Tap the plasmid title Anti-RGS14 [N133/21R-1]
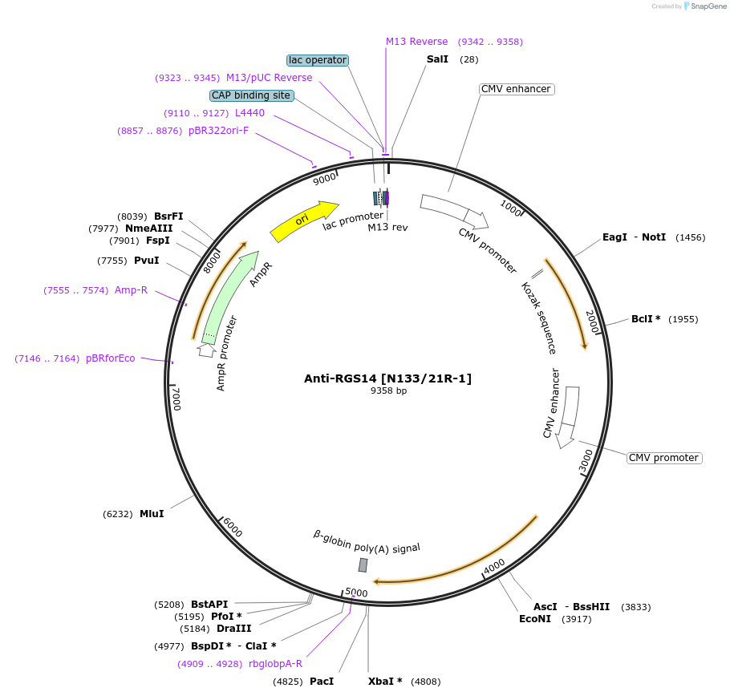click(x=387, y=378)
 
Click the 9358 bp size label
click(x=388, y=391)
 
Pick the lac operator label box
click(x=318, y=60)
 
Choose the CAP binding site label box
click(x=251, y=95)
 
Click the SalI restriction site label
click(x=438, y=60)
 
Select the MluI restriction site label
click(x=152, y=513)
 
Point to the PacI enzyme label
click(x=321, y=682)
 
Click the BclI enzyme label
click(x=646, y=319)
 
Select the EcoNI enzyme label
click(x=535, y=619)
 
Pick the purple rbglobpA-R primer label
click(x=275, y=664)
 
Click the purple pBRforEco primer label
click(x=111, y=358)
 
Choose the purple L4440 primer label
click(x=249, y=113)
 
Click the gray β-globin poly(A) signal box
click(x=363, y=565)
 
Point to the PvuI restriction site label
click(x=146, y=261)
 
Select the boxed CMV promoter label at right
click(x=663, y=458)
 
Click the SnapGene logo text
click(x=709, y=6)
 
